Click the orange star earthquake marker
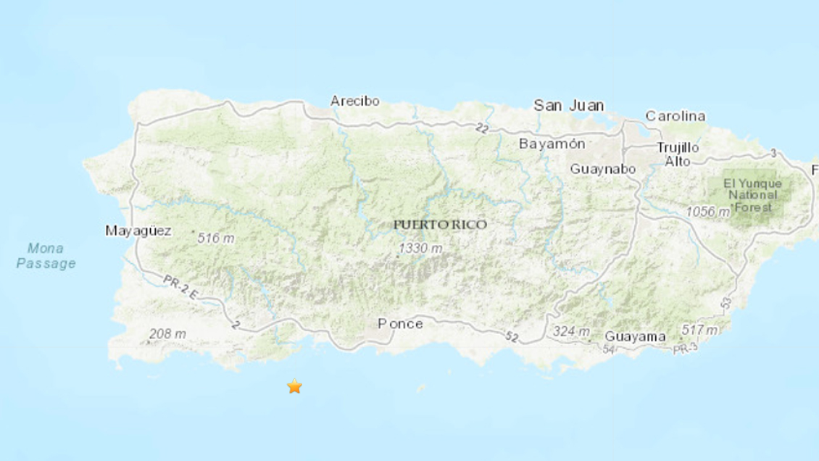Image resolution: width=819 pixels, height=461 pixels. click(294, 386)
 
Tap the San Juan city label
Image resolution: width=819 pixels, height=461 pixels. click(569, 105)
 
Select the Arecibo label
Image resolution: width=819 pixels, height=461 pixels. click(354, 101)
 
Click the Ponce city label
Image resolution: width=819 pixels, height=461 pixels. click(400, 323)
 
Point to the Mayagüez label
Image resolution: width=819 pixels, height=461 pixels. click(138, 231)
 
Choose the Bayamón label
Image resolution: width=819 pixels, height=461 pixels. click(552, 144)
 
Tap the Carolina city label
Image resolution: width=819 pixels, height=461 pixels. click(675, 116)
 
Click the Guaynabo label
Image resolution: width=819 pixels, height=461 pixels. click(603, 169)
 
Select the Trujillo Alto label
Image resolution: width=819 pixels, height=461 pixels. click(678, 154)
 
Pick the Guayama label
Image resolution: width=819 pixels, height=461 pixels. click(635, 336)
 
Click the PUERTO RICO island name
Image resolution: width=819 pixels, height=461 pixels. click(440, 225)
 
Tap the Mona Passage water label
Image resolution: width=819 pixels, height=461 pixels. click(46, 256)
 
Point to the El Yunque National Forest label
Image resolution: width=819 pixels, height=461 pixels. click(752, 195)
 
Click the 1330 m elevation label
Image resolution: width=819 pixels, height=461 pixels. click(420, 249)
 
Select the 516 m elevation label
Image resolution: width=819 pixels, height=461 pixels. click(215, 237)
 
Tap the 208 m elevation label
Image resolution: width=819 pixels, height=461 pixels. click(167, 334)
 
